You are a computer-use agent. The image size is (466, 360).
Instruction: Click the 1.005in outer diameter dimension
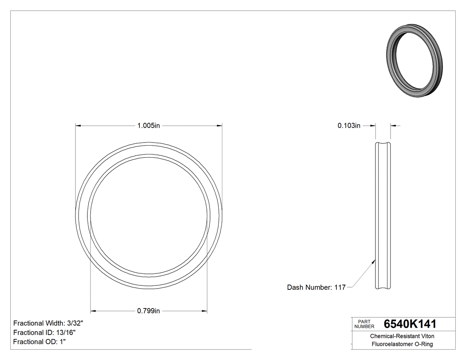[148, 126]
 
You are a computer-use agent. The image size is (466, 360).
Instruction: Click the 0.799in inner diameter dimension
[148, 311]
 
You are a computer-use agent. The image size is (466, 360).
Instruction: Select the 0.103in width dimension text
[349, 126]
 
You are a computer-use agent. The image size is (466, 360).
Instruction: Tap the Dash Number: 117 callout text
[316, 287]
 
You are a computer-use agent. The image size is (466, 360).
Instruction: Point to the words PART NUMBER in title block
[364, 324]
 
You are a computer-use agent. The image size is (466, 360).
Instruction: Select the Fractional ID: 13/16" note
[44, 332]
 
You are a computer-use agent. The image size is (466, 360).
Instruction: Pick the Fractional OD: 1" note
[39, 342]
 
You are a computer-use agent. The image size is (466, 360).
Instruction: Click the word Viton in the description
[427, 336]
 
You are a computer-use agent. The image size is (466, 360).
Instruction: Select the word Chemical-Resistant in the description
[394, 336]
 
